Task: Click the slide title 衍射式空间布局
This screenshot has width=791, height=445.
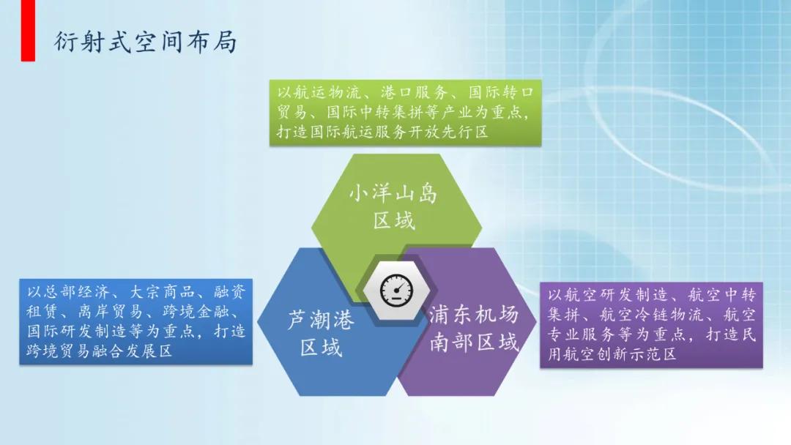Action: (145, 42)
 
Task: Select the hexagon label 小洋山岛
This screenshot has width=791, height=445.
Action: (393, 194)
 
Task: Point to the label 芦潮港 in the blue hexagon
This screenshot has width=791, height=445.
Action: (320, 320)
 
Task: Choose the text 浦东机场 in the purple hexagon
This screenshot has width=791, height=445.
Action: (474, 315)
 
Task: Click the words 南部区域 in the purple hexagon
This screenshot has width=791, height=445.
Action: (474, 342)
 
